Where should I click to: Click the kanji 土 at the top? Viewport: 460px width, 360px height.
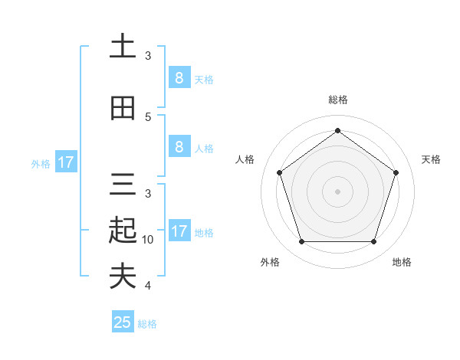[122, 47]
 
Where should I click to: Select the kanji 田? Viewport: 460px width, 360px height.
[122, 108]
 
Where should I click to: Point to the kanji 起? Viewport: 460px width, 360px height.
[122, 230]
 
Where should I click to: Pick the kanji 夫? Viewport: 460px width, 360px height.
[122, 276]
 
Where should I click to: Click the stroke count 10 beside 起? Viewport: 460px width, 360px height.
[148, 240]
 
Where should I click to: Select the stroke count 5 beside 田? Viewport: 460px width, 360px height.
[148, 117]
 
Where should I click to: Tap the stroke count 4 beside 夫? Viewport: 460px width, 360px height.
[148, 286]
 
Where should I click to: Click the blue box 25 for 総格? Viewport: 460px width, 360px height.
[123, 322]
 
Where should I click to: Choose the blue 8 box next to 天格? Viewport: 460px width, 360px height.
[179, 77]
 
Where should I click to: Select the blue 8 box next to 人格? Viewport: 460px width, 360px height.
[179, 147]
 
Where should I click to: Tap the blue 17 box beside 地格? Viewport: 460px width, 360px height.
[179, 231]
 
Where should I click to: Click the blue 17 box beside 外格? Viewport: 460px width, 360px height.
[65, 162]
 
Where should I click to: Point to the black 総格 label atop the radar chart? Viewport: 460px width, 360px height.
[337, 100]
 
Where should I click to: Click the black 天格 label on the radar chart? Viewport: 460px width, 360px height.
[431, 159]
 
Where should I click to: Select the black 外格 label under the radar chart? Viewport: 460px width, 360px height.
[270, 262]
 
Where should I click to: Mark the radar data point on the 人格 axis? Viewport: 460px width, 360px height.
[279, 172]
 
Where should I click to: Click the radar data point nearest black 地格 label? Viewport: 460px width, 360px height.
[373, 242]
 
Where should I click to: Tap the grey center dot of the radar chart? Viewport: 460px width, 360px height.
[337, 191]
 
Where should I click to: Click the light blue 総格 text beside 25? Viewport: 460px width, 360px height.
[147, 324]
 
